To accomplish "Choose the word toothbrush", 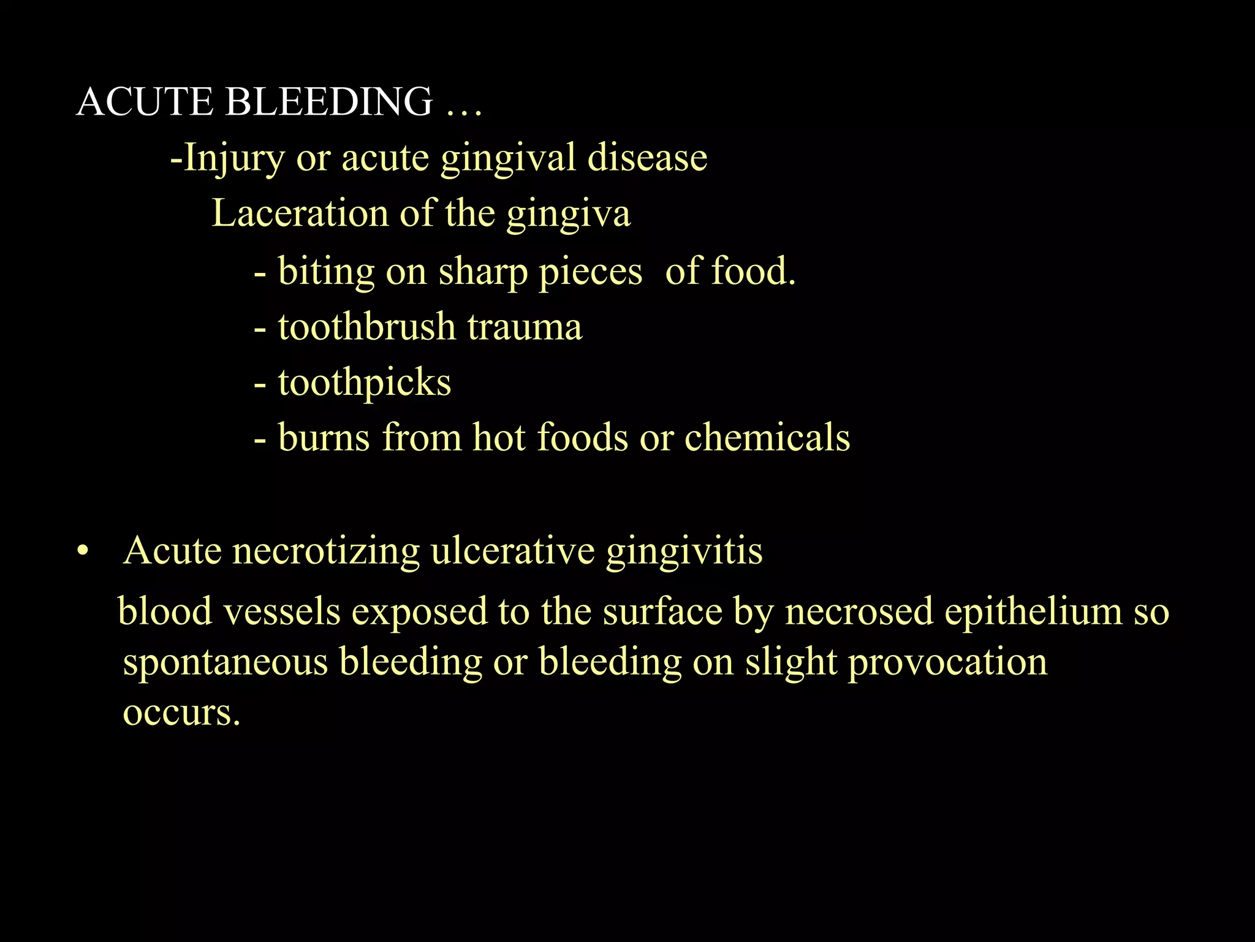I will point(366,326).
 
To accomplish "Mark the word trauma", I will point(525,327).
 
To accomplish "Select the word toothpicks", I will point(364,383).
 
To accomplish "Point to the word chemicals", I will point(767,438).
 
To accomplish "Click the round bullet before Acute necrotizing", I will point(83,551).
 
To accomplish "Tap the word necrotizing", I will point(325,551).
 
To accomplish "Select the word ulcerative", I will point(512,551).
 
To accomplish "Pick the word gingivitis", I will point(684,551).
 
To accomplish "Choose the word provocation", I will point(947,662).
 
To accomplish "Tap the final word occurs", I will point(181,713).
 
